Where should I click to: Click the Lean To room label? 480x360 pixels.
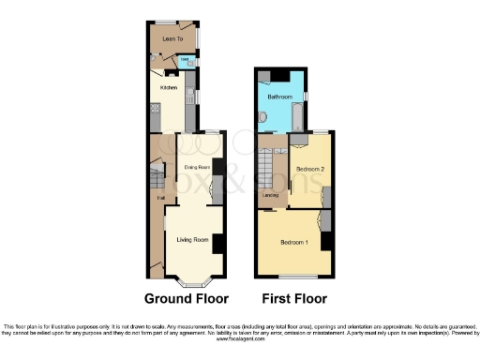point(172,39)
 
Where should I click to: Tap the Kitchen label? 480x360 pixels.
point(169,87)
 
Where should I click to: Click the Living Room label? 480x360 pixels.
point(192,241)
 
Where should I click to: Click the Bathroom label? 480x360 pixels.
point(279,97)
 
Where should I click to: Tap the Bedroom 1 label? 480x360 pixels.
point(293,243)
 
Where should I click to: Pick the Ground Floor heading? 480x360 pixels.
point(186,300)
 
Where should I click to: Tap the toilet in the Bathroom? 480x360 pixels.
point(263,117)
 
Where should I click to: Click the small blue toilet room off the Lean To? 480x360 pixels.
point(186,62)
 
